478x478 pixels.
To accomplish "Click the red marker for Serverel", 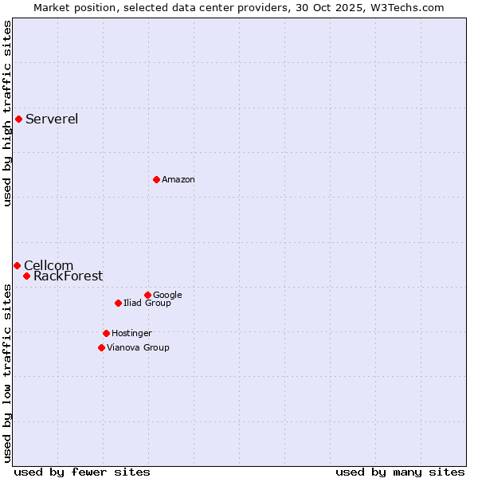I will click(x=18, y=119).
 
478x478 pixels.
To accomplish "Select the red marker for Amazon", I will click(x=156, y=179).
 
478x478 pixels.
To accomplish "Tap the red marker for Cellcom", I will click(x=17, y=265).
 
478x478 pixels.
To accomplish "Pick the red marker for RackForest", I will click(x=26, y=276).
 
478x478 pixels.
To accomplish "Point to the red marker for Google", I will click(x=147, y=295).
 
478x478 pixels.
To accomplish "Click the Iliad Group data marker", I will click(x=118, y=303).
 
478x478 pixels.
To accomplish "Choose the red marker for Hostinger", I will click(x=106, y=333).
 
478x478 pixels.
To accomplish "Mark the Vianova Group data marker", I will click(x=101, y=347).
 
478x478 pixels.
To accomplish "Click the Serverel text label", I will click(x=52, y=119).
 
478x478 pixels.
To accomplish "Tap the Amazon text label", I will click(x=178, y=179).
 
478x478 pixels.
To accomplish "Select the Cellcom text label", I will click(x=49, y=265).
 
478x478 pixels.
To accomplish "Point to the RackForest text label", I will click(x=68, y=276).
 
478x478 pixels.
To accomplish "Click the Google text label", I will click(x=167, y=295).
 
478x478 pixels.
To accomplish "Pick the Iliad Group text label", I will click(x=147, y=303).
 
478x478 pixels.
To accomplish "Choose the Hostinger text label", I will click(x=131, y=333).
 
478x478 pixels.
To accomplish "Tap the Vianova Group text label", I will click(x=138, y=347).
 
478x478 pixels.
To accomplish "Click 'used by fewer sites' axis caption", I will click(x=82, y=472).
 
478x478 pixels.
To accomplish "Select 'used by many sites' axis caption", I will click(x=400, y=472).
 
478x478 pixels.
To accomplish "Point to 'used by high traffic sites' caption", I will click(x=7, y=113).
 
